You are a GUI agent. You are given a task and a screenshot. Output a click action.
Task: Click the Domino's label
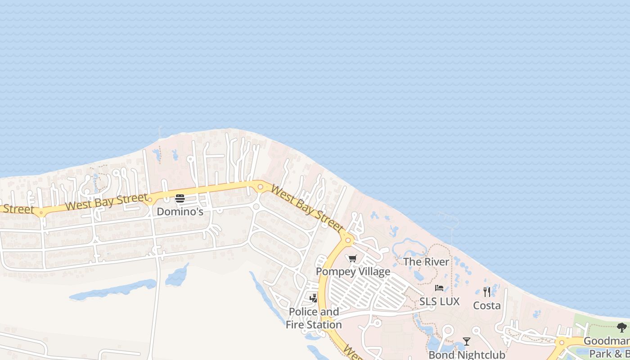[x=180, y=211]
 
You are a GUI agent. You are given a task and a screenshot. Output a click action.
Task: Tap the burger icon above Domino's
[x=180, y=198]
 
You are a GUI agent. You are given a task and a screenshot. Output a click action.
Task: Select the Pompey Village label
[x=353, y=272]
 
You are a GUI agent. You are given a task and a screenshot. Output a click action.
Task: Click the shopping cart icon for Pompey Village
[x=352, y=259]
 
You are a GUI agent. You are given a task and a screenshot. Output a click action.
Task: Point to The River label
[x=426, y=262]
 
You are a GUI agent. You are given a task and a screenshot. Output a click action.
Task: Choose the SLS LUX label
[x=439, y=301]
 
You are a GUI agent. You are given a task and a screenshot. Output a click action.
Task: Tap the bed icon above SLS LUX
[x=439, y=288]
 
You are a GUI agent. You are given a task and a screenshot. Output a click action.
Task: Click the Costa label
[x=486, y=306]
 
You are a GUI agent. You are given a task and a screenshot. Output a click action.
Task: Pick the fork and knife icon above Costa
[x=487, y=292]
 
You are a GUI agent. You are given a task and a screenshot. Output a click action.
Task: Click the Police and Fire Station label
[x=314, y=318]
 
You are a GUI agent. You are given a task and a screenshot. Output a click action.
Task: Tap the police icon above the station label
[x=314, y=298]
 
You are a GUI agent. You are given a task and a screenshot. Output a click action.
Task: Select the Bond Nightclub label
[x=467, y=355]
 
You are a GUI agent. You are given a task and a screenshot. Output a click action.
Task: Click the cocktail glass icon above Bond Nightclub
[x=467, y=342]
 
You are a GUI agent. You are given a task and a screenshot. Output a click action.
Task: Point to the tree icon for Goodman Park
[x=622, y=328]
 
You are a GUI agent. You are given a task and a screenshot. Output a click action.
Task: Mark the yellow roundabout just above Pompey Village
[x=347, y=240]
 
